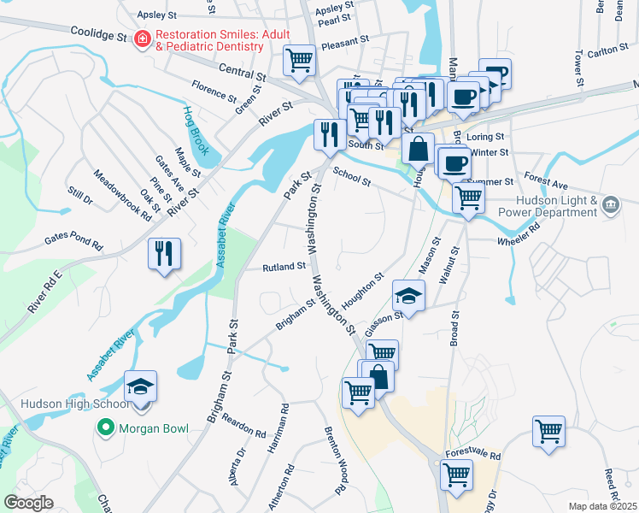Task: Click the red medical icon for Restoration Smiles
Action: [x=141, y=39]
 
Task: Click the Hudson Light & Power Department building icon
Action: [x=611, y=204]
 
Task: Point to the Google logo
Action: [x=28, y=503]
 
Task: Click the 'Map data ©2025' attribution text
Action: [x=602, y=506]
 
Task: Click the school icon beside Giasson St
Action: [x=408, y=297]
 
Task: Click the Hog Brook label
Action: [x=196, y=130]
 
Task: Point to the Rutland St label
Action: [x=284, y=267]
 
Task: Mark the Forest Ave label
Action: [x=547, y=182]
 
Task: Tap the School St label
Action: [x=351, y=175]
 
